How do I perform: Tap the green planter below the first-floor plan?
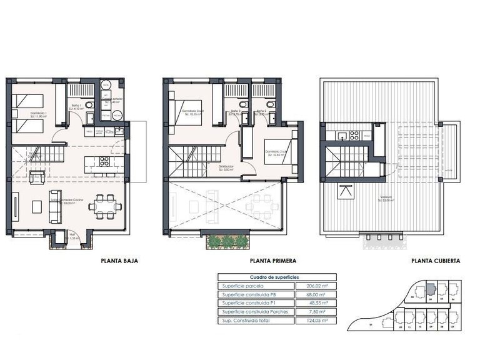227,241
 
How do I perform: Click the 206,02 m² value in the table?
319,286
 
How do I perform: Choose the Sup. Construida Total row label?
246,319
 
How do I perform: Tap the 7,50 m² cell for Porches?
319,311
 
